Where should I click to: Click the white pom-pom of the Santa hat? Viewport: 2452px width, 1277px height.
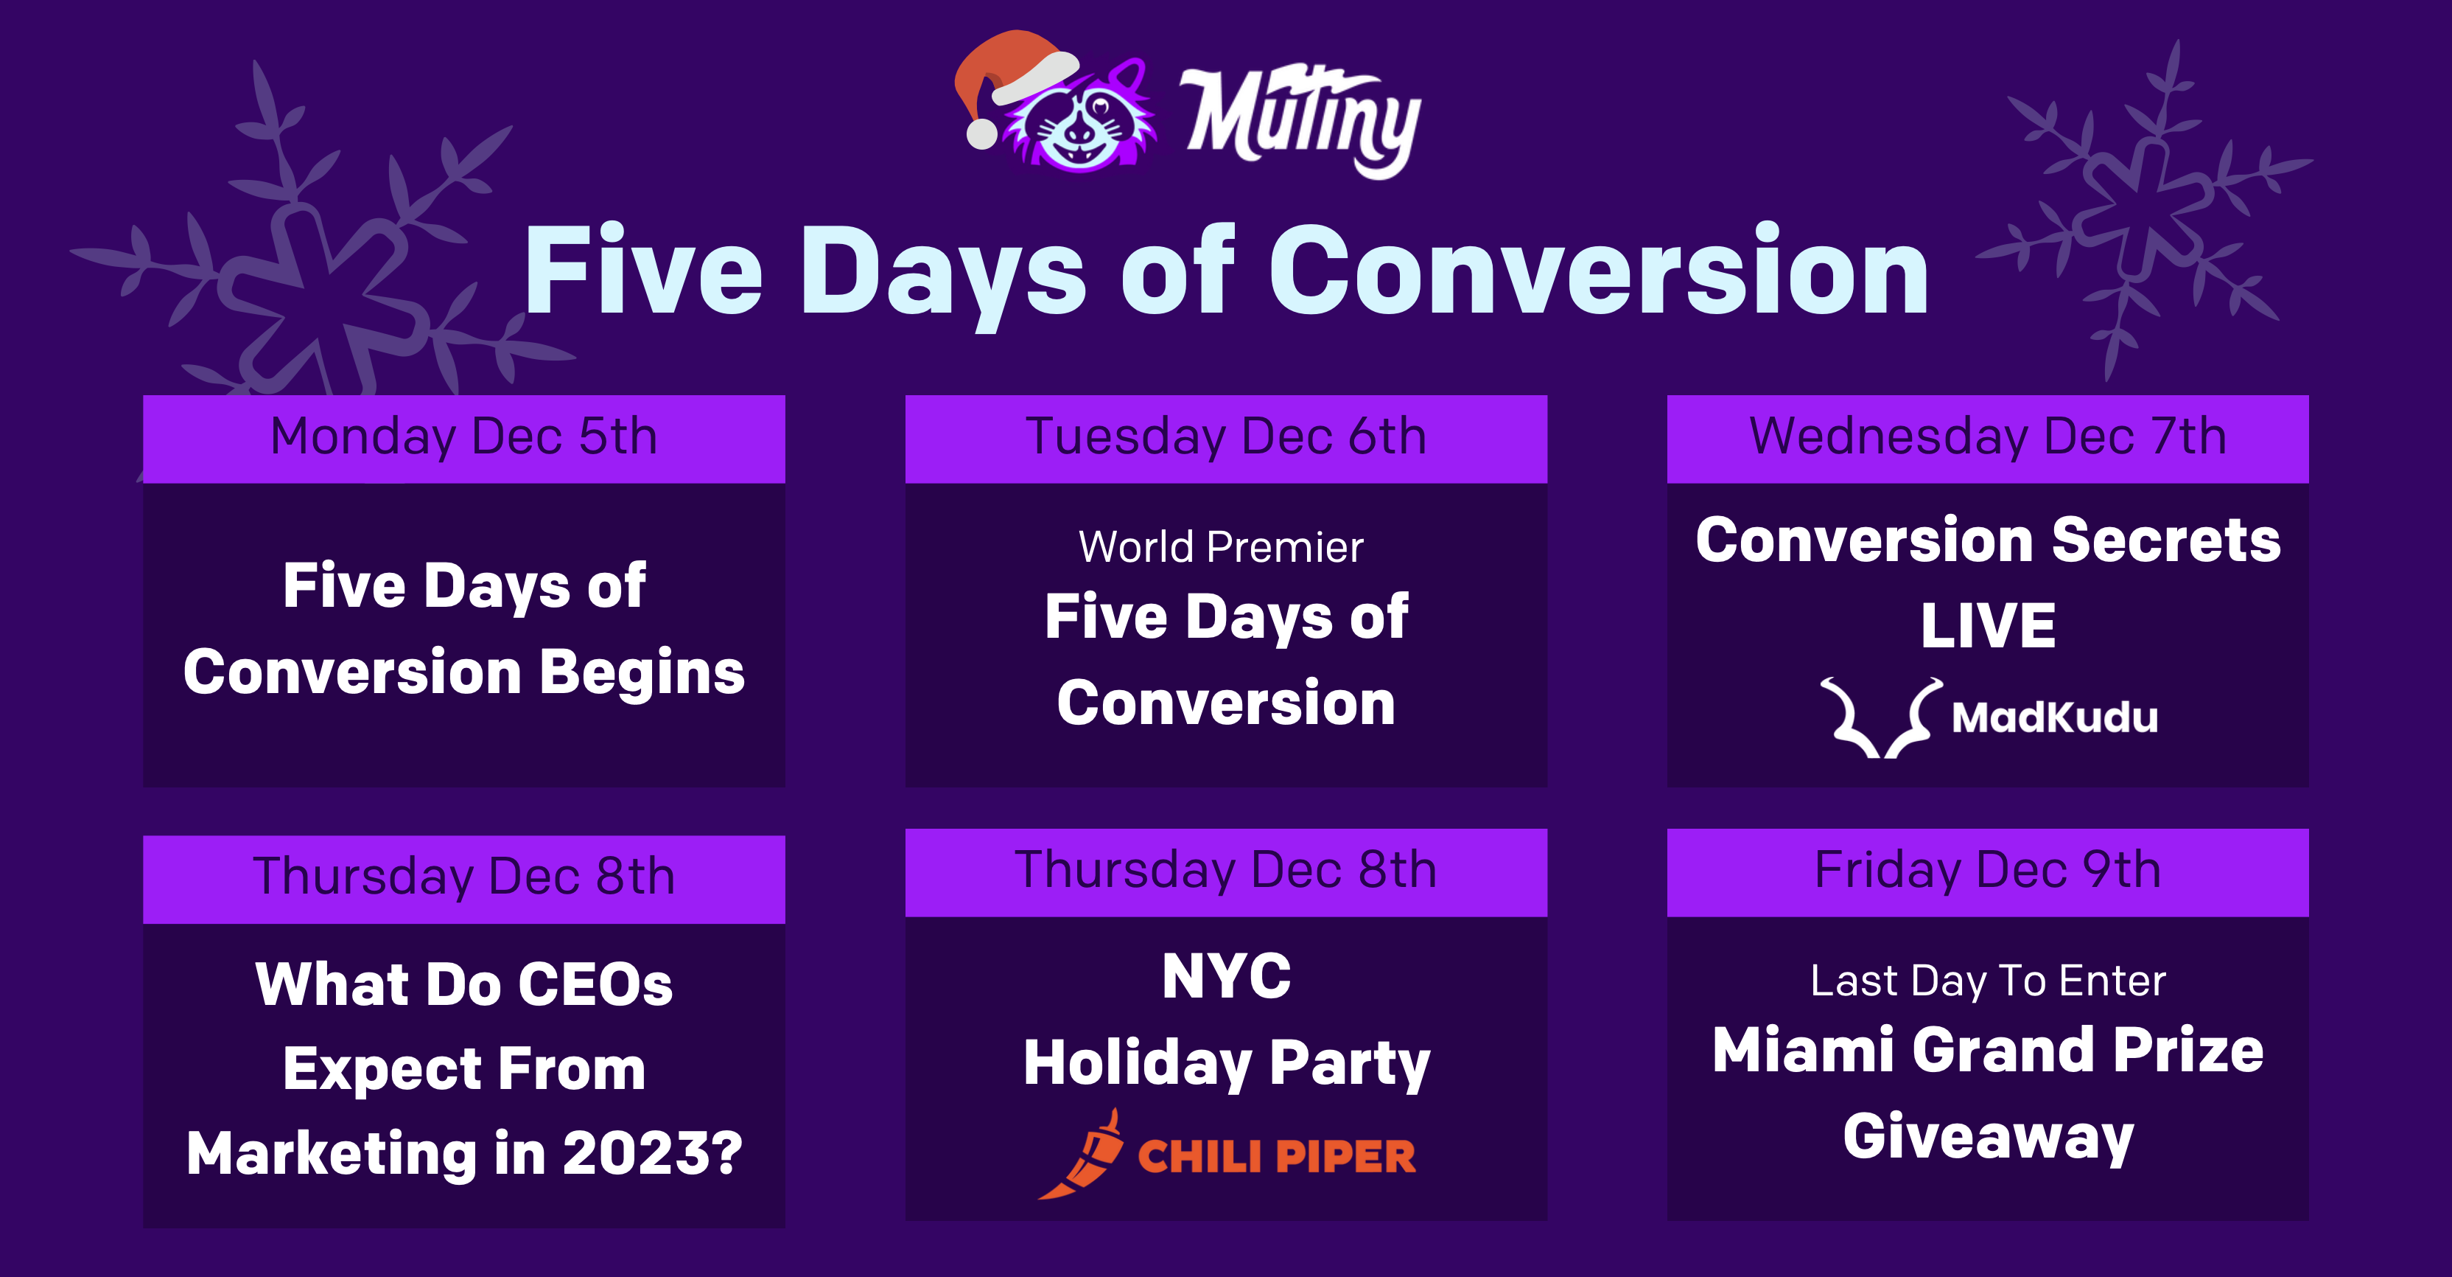point(981,134)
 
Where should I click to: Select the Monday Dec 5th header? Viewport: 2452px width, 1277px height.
point(463,437)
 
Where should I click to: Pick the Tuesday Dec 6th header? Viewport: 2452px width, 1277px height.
point(1225,437)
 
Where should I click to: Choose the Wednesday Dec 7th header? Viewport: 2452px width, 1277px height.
point(1988,437)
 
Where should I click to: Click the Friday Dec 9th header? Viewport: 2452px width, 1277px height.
point(1988,870)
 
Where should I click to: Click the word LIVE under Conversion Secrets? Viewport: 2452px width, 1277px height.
point(1988,626)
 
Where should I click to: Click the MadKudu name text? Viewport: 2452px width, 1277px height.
point(2054,717)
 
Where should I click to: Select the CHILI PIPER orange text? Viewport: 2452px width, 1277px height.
point(1275,1157)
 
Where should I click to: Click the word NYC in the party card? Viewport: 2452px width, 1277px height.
point(1226,976)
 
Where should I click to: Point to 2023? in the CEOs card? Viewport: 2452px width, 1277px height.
point(652,1153)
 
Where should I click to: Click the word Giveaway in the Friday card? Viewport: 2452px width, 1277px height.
point(1988,1137)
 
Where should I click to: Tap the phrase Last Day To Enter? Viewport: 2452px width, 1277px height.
point(1988,981)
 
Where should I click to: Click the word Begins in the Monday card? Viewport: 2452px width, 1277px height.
point(642,672)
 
